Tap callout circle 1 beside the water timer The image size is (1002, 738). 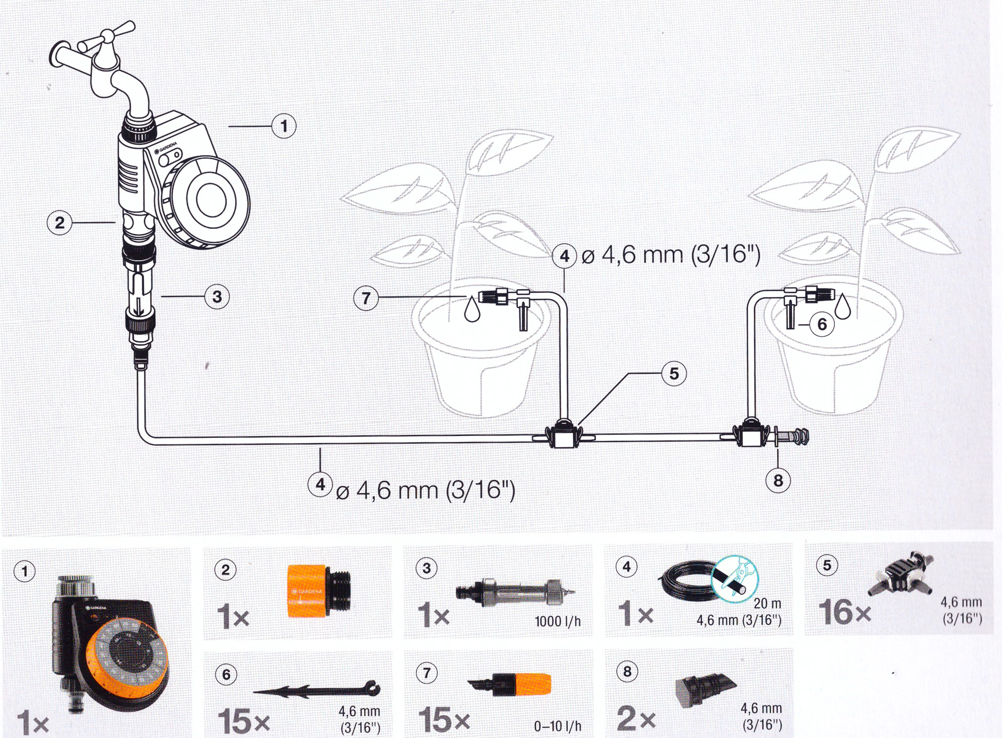284,126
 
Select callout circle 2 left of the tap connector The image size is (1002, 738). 59,222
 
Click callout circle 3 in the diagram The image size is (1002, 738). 217,297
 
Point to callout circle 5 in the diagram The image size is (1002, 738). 674,373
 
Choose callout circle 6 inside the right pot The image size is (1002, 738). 822,324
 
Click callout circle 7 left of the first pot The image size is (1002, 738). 366,298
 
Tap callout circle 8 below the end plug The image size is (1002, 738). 778,480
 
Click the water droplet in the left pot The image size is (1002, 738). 472,308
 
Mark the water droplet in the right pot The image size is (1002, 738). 843,306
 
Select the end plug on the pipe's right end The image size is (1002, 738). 791,437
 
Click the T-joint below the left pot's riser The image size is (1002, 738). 563,434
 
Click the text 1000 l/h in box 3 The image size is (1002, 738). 557,621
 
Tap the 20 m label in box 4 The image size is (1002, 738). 767,603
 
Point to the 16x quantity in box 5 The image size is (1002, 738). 845,612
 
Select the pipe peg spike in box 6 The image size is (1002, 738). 317,689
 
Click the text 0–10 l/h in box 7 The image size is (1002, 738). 557,726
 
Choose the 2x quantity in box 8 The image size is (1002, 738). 636,718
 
